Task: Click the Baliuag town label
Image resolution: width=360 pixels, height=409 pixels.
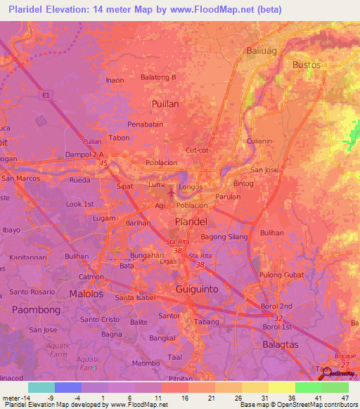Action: click(263, 50)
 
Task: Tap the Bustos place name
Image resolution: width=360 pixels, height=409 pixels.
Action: click(306, 65)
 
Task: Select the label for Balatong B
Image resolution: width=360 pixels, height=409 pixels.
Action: click(158, 77)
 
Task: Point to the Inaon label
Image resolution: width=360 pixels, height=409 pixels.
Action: click(115, 80)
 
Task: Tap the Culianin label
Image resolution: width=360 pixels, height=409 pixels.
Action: click(259, 141)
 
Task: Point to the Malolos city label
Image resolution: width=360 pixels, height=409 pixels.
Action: click(86, 294)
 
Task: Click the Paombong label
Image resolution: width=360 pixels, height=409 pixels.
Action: click(34, 309)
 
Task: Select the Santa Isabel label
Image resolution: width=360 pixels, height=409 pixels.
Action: click(139, 297)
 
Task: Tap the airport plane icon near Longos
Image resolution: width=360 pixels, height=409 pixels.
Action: click(172, 190)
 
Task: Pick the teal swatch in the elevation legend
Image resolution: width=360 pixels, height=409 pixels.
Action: click(41, 387)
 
